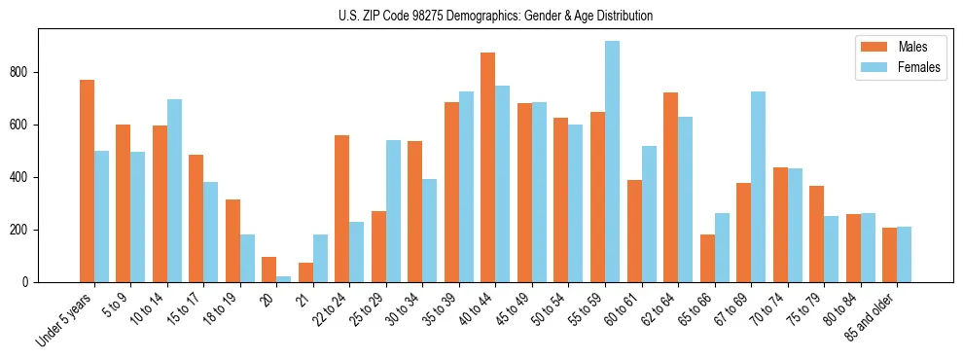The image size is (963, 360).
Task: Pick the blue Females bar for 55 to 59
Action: tap(612, 162)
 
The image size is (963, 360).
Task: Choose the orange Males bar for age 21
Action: tap(305, 272)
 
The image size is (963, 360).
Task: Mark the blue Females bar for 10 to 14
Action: tap(174, 191)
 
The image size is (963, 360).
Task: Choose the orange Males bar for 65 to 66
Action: tap(707, 258)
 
